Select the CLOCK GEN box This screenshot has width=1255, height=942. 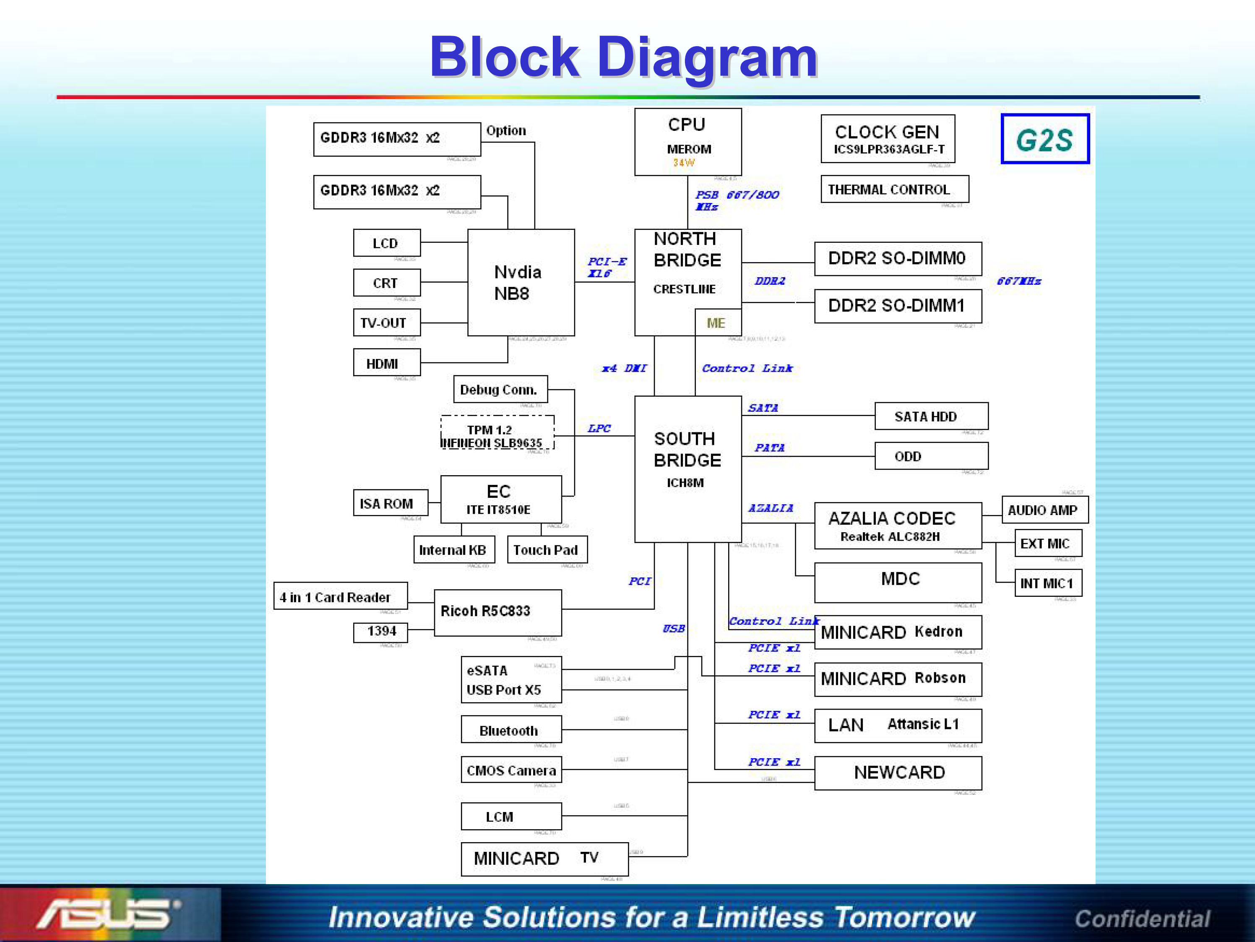click(888, 139)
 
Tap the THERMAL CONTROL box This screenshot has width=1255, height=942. click(894, 189)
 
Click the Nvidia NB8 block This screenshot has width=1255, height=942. click(520, 283)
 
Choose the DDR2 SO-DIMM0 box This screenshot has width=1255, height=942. click(898, 259)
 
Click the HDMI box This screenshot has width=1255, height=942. click(386, 363)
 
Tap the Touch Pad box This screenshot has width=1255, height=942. click(547, 549)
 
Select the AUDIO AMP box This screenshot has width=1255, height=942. click(1044, 510)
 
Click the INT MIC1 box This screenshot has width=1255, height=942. click(1047, 583)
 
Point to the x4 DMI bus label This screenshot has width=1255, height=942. click(624, 368)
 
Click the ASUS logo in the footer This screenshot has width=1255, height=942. click(108, 913)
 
